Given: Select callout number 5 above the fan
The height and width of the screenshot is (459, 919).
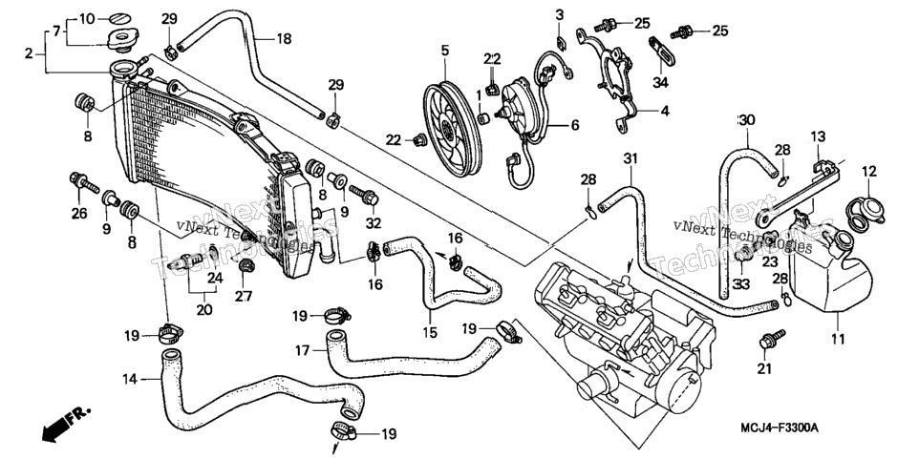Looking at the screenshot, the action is pyautogui.click(x=444, y=51).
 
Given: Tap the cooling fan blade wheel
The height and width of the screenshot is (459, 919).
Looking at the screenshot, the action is pyautogui.click(x=452, y=129).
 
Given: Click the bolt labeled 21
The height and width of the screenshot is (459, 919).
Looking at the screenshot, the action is pyautogui.click(x=770, y=339).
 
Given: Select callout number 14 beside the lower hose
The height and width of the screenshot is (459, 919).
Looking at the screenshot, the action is pyautogui.click(x=130, y=380).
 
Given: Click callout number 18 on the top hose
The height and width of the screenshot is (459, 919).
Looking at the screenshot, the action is pyautogui.click(x=284, y=39).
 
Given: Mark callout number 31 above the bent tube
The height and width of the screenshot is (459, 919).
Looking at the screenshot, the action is pyautogui.click(x=630, y=158).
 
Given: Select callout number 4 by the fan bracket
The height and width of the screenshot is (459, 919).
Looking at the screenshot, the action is pyautogui.click(x=665, y=111).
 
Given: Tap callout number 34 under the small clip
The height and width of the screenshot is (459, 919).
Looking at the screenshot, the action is pyautogui.click(x=660, y=83).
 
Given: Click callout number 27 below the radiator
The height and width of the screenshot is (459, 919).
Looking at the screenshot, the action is pyautogui.click(x=243, y=296).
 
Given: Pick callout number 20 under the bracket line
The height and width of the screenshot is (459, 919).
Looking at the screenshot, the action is pyautogui.click(x=204, y=310).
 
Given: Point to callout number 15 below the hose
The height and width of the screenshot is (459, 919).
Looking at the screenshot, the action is pyautogui.click(x=430, y=332).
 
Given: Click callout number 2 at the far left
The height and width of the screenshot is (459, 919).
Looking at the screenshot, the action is pyautogui.click(x=29, y=53).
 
